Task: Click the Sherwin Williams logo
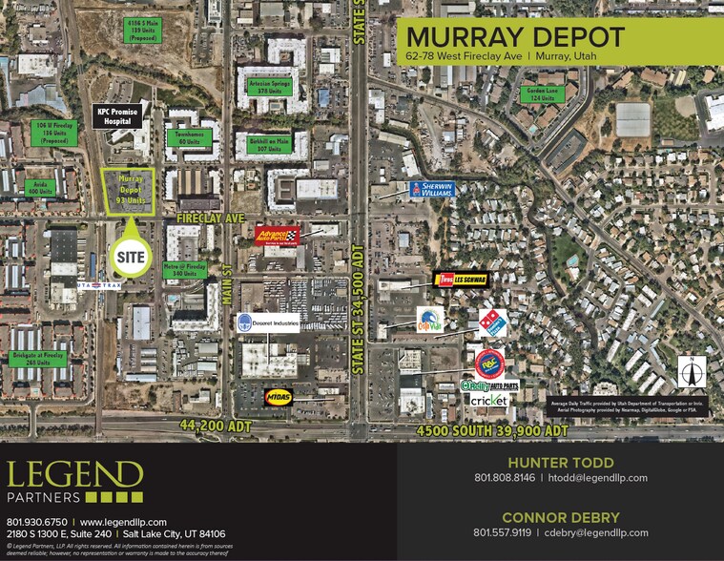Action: (431, 189)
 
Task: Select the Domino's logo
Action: (492, 322)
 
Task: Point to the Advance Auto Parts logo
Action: (277, 236)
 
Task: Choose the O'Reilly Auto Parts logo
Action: (489, 384)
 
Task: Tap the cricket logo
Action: (487, 401)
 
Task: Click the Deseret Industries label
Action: (267, 322)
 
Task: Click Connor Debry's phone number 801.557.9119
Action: (503, 532)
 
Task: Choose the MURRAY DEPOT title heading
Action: (515, 37)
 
